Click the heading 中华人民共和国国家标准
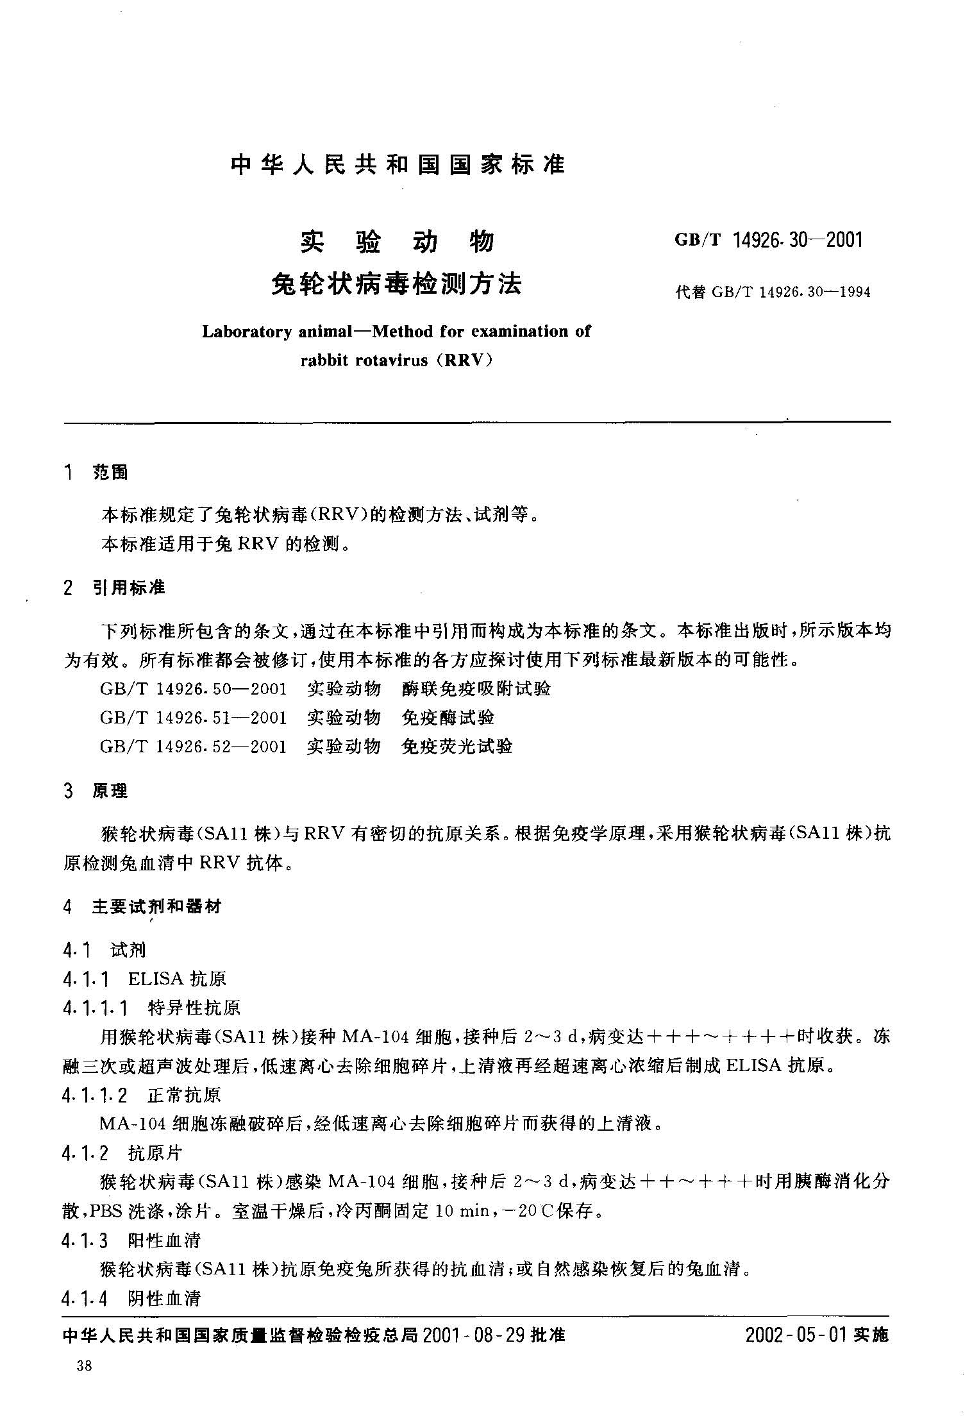[x=397, y=165]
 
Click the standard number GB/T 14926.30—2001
[x=769, y=240]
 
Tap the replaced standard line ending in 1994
[x=773, y=292]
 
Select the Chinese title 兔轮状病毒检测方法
[x=397, y=283]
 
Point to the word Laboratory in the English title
[x=247, y=332]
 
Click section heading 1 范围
[x=96, y=473]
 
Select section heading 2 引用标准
[x=114, y=587]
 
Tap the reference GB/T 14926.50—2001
[x=193, y=689]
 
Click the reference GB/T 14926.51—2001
[x=193, y=718]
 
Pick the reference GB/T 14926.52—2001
[x=193, y=747]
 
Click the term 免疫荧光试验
[x=457, y=747]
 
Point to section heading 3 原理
[x=96, y=791]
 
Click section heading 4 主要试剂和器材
[x=142, y=906]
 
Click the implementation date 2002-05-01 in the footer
[x=796, y=1335]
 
